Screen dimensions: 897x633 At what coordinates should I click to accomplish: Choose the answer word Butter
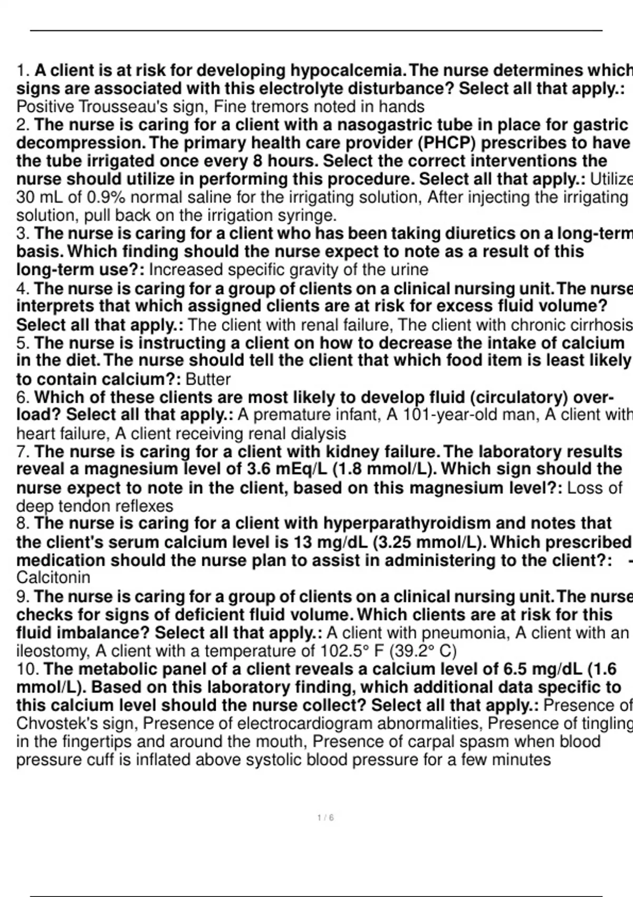tap(208, 379)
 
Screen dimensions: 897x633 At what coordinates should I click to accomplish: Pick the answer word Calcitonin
tap(53, 577)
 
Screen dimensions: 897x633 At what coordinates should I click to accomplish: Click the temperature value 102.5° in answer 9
tap(340, 651)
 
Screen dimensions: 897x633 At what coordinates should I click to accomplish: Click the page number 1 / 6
tap(325, 818)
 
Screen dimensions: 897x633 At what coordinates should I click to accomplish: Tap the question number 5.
tap(22, 343)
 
